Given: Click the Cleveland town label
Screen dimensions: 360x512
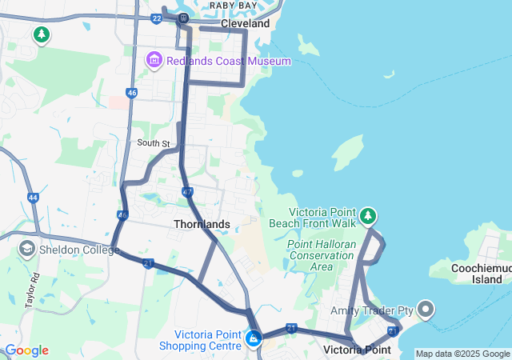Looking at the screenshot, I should [x=245, y=24].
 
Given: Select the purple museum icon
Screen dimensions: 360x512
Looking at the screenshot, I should [x=154, y=60].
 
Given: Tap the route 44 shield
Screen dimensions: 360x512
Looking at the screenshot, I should [x=32, y=197].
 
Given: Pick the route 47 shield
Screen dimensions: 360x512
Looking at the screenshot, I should [x=187, y=192].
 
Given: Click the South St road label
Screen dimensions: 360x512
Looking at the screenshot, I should [x=154, y=143].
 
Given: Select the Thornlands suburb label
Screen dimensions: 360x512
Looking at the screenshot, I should [x=202, y=224].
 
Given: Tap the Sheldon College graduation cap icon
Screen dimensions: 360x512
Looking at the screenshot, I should [x=26, y=249].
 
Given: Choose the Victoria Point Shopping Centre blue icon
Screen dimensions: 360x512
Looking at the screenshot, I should [x=254, y=339].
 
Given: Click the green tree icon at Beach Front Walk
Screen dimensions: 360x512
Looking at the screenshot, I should [x=368, y=215].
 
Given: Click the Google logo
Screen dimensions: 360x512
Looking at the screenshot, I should [x=26, y=350].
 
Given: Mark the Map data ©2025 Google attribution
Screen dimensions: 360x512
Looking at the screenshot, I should [x=462, y=354].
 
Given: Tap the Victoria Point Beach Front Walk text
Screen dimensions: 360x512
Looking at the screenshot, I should [x=316, y=218].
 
